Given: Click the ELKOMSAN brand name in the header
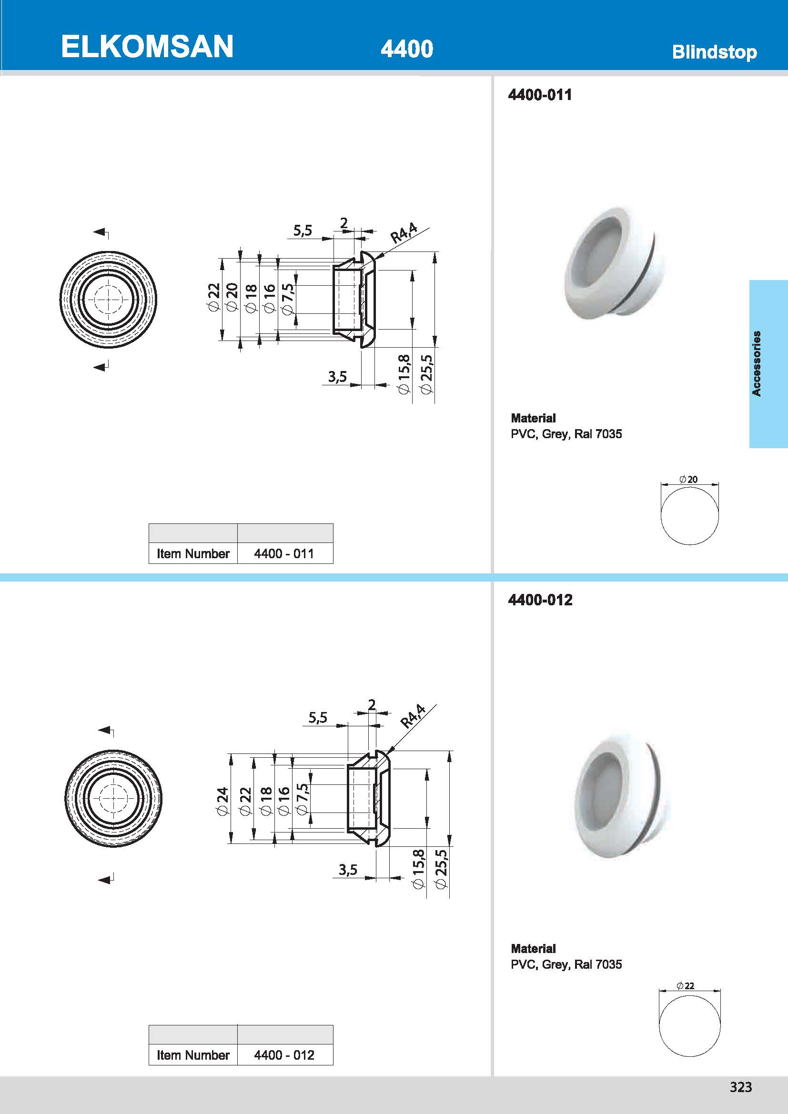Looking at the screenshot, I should [147, 47].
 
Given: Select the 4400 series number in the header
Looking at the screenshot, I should [406, 49].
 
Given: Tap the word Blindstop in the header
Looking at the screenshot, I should [714, 52].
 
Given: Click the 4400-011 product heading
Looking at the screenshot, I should [540, 95].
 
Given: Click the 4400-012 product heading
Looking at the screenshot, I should [540, 600].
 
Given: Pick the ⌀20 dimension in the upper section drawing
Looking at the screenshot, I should [232, 296].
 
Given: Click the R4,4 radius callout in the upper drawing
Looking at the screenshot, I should [404, 232].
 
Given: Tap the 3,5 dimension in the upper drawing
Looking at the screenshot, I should [337, 377].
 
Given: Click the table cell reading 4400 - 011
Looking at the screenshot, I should [284, 553].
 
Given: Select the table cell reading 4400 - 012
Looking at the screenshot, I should [284, 1055].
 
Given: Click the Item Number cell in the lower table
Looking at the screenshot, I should [192, 1055].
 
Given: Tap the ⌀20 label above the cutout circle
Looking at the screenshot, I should [688, 480].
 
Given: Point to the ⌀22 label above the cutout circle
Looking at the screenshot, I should [686, 985].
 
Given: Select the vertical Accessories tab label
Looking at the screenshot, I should [757, 363].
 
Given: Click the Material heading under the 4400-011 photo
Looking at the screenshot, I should [533, 418].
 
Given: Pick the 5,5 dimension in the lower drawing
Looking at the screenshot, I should [318, 717].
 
